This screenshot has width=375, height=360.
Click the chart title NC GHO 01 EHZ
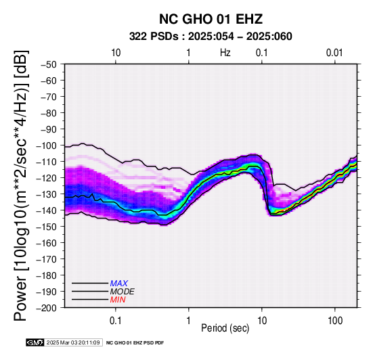pyautogui.click(x=211, y=19)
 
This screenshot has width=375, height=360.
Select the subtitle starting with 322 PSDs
pyautogui.click(x=211, y=37)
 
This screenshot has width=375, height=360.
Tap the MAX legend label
pyautogui.click(x=119, y=284)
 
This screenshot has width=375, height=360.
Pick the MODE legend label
pyautogui.click(x=123, y=292)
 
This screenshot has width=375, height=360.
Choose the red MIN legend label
pyautogui.click(x=118, y=300)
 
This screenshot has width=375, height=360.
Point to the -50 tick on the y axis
pyautogui.click(x=49, y=64)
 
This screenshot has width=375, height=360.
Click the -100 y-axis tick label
pyautogui.click(x=47, y=145)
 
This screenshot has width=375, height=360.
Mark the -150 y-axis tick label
pyautogui.click(x=47, y=227)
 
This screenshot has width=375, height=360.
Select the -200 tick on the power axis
pyautogui.click(x=47, y=308)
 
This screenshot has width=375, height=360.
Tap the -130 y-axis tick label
pyautogui.click(x=47, y=194)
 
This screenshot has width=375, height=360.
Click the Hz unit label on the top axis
pyautogui.click(x=225, y=53)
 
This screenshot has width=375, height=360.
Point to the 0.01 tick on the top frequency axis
pyautogui.click(x=334, y=53)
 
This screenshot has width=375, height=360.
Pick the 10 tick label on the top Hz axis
pyautogui.click(x=116, y=53)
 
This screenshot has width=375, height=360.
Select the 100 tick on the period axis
pyautogui.click(x=335, y=321)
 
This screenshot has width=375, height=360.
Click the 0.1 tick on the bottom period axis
pyautogui.click(x=116, y=321)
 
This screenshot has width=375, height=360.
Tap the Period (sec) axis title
pyautogui.click(x=225, y=328)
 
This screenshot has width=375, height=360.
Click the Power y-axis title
pyautogui.click(x=20, y=185)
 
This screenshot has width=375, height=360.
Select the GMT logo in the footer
pyautogui.click(x=35, y=342)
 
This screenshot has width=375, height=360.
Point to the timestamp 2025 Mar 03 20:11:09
pyautogui.click(x=73, y=342)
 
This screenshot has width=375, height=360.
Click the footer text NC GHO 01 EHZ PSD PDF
pyautogui.click(x=135, y=343)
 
